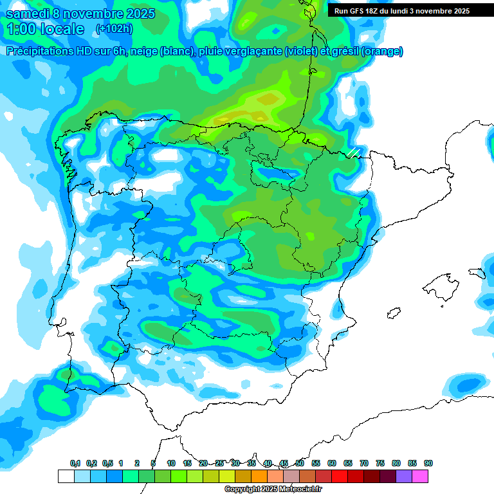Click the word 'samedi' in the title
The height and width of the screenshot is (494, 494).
click(x=29, y=14)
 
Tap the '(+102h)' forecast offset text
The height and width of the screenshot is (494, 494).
click(x=114, y=29)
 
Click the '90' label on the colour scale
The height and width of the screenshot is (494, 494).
click(x=428, y=463)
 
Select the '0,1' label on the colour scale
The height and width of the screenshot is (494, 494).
click(x=75, y=463)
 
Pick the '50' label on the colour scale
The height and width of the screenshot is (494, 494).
click(x=300, y=463)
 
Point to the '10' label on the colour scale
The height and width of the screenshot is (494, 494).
click(x=171, y=463)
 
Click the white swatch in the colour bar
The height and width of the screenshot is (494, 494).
click(x=66, y=476)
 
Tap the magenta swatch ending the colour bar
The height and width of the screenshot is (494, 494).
click(x=420, y=476)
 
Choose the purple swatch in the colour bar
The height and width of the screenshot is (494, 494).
click(x=404, y=476)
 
